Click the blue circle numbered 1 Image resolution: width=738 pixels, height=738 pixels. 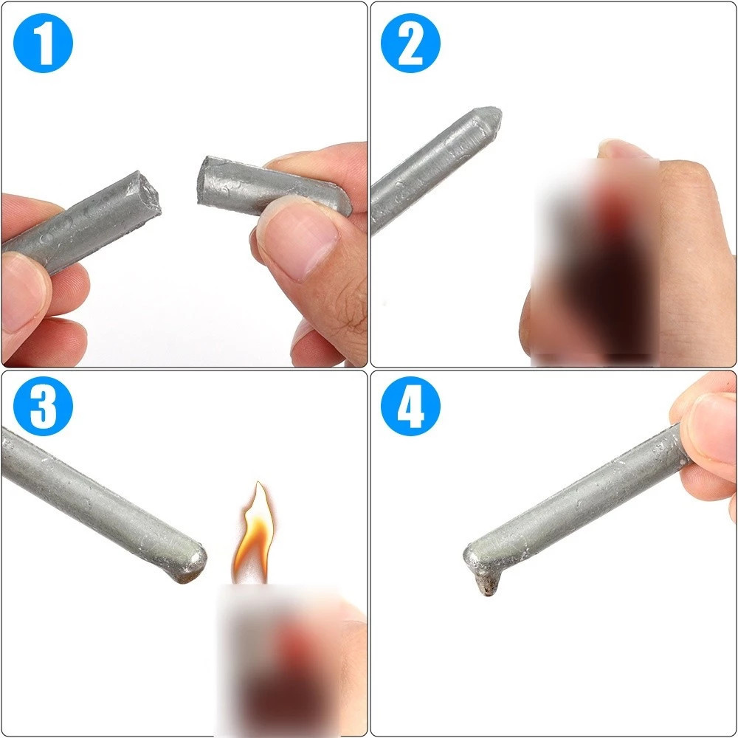coord(43,43)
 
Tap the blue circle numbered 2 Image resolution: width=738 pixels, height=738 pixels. coord(410,43)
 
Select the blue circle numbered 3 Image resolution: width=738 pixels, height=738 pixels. coord(43,406)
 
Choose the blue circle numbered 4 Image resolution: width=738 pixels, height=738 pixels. coord(410,406)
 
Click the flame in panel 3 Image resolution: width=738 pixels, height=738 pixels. coord(254,534)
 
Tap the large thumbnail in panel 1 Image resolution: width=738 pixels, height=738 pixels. coord(300,238)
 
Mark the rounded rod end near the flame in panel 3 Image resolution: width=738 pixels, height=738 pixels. coord(193,562)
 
